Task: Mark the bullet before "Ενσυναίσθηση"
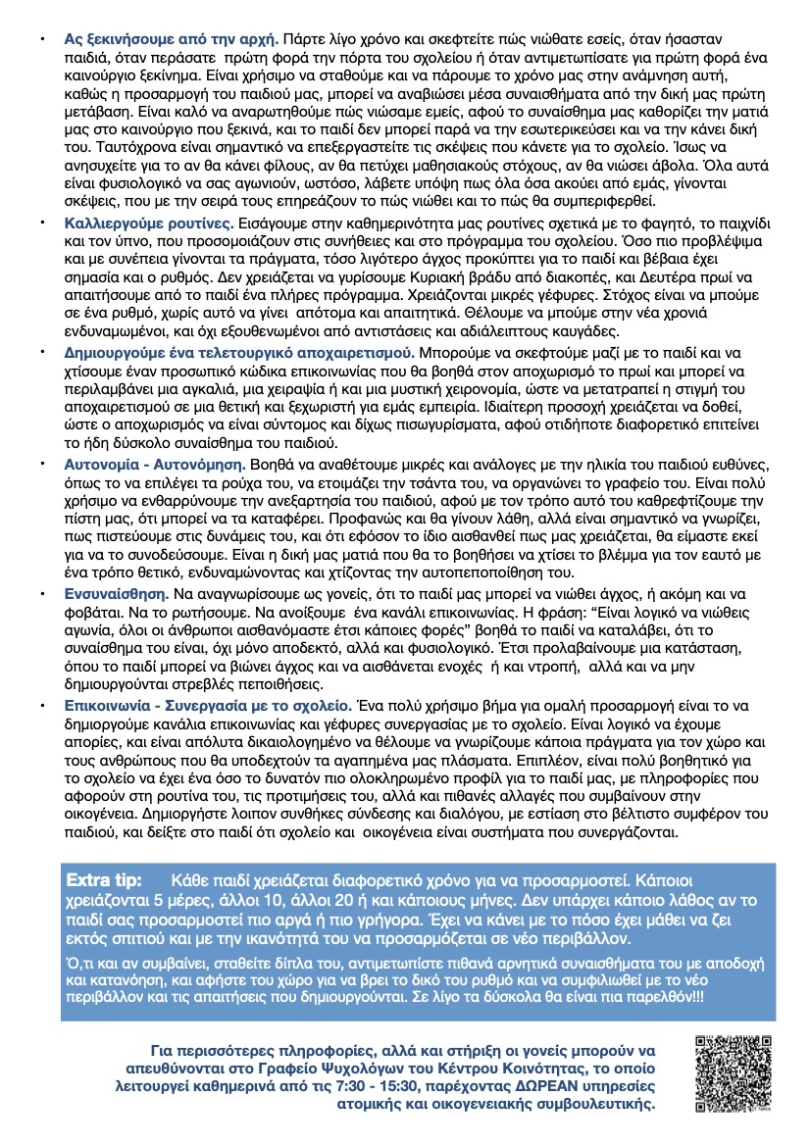42,594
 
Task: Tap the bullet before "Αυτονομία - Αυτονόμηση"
42,461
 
